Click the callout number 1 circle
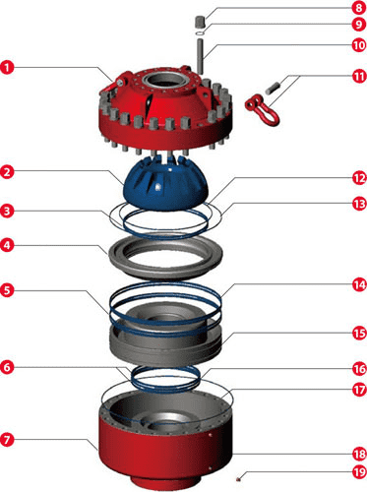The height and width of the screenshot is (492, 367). point(7,67)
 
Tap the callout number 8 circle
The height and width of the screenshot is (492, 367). point(359,8)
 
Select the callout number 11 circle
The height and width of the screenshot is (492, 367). point(359,76)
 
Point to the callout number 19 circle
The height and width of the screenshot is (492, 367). point(359,472)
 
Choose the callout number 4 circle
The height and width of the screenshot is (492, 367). point(7,245)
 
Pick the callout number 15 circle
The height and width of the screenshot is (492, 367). point(359,334)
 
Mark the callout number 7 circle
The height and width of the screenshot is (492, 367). point(7,439)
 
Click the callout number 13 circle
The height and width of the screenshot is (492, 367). point(359,204)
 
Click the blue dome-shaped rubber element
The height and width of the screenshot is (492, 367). point(165,182)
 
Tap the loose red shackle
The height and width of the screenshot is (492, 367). point(263,108)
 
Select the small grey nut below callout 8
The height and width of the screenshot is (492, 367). point(200,22)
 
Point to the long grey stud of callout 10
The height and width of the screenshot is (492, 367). point(200,56)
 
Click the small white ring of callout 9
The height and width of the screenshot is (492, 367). point(200,33)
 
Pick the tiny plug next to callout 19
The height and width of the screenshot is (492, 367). point(239,479)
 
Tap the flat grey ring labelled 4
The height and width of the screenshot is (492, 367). point(165,257)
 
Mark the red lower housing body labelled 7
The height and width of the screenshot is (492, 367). point(165,453)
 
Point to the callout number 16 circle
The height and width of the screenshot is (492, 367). point(359,369)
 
